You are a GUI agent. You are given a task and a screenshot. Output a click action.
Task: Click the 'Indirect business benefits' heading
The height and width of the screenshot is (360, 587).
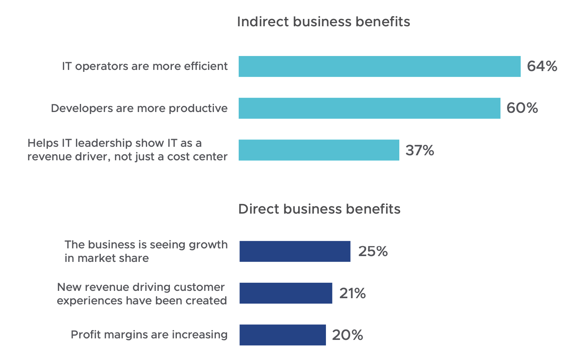point(323,22)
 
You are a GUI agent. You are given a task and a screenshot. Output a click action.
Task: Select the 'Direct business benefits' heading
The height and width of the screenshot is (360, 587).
point(319,209)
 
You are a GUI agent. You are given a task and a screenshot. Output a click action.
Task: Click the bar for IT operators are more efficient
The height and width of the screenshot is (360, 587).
point(379,66)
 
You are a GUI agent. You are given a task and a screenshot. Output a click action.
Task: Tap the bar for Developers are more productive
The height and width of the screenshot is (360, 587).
point(369,108)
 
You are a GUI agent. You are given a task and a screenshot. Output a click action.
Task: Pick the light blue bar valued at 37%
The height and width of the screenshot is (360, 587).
point(319,150)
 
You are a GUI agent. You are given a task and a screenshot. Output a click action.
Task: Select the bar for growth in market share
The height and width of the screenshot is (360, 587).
point(295,251)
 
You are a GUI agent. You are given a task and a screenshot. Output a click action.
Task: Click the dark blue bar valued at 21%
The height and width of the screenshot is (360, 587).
point(286,293)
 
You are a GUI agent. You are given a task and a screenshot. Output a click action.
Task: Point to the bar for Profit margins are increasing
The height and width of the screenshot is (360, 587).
point(283,335)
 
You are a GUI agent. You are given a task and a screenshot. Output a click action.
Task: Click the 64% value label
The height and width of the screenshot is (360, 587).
point(542,66)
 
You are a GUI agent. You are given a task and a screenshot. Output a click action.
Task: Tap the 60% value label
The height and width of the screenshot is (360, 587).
point(522,108)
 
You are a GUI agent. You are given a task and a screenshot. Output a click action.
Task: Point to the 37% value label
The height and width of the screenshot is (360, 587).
point(419,150)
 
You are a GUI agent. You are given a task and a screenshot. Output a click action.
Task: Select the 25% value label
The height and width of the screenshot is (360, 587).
point(373,251)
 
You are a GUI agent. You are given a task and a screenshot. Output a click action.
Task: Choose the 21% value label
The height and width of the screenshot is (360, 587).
point(352,294)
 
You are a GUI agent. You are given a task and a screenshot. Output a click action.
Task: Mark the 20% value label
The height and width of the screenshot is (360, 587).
point(347,335)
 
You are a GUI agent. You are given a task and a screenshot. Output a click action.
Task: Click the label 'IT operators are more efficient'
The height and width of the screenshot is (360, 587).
point(145,66)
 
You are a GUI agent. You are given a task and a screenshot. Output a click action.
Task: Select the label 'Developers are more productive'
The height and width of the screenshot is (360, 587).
point(139,108)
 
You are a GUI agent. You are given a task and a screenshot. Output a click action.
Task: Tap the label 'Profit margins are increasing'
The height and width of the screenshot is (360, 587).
point(149,335)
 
